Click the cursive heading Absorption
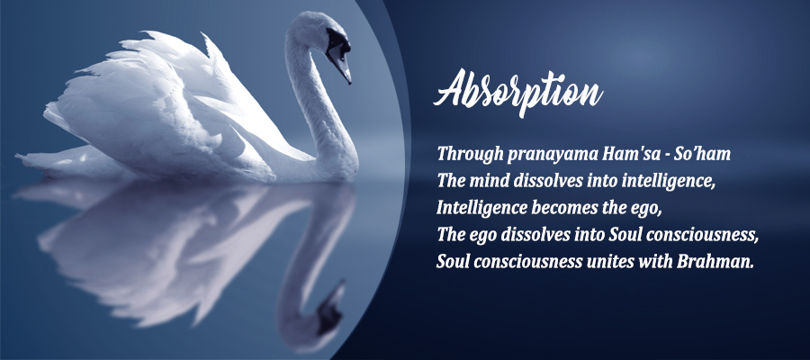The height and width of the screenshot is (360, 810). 517,92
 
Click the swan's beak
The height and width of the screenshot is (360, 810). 340,64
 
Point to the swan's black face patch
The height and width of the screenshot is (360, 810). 335,40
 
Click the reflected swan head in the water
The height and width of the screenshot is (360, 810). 329,307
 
